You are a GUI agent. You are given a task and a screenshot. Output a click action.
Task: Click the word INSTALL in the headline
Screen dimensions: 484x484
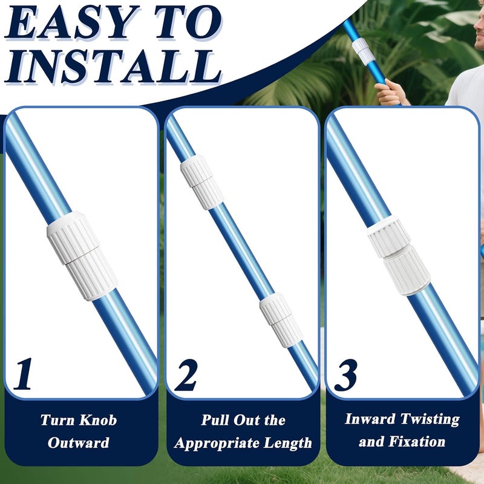pos(113,67)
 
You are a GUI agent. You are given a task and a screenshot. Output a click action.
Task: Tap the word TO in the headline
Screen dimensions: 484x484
pos(189,22)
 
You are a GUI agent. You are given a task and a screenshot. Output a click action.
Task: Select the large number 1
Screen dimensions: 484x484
pos(24,373)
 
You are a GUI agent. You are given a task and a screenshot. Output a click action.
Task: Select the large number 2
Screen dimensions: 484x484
pos(186,374)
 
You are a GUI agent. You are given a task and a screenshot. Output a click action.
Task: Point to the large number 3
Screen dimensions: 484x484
pos(345,374)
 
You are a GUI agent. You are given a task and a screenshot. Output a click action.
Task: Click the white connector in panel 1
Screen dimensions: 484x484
pos(82,255)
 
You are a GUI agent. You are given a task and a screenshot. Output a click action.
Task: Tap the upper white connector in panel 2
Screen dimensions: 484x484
pos(202,182)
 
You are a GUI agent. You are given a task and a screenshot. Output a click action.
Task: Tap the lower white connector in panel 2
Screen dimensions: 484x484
pos(281,320)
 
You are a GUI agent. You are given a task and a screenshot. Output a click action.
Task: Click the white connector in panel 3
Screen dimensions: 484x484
pos(399,255)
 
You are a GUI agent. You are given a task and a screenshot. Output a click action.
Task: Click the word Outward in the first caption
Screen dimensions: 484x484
pos(79,443)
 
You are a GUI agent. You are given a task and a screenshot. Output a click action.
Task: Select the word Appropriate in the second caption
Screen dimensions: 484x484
pos(217,443)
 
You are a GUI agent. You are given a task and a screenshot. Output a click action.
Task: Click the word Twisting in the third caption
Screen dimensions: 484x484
pos(430,419)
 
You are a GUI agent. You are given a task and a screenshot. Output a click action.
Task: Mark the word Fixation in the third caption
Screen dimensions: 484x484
pos(417,442)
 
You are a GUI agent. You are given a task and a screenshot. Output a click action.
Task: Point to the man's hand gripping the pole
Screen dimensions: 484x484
pos(391,92)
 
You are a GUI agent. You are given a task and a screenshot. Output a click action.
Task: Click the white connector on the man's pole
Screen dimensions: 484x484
pos(364,51)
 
